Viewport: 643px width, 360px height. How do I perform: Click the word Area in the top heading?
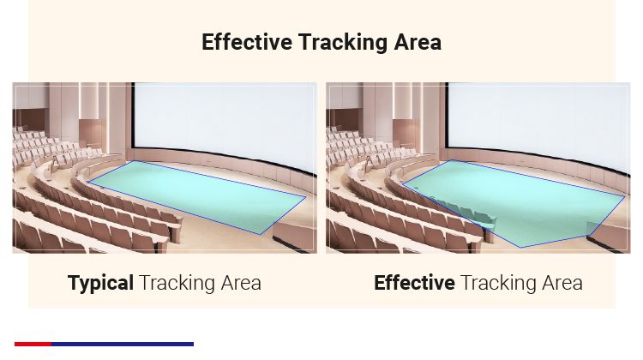418,42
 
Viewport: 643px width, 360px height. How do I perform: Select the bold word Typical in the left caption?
100,283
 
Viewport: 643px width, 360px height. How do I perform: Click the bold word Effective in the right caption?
414,283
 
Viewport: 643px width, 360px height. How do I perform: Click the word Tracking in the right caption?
494,283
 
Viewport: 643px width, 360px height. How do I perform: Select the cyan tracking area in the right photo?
514,201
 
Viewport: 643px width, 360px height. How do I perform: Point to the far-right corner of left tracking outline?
305,197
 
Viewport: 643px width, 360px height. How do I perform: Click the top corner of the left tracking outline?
134,161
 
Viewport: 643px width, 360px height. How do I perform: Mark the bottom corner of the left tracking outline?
261,234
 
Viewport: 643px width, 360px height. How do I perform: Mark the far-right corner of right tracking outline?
624,196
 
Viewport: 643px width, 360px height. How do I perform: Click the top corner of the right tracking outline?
451,160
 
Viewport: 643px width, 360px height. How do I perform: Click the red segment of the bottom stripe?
33,345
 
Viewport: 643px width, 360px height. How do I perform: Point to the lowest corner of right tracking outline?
520,247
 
